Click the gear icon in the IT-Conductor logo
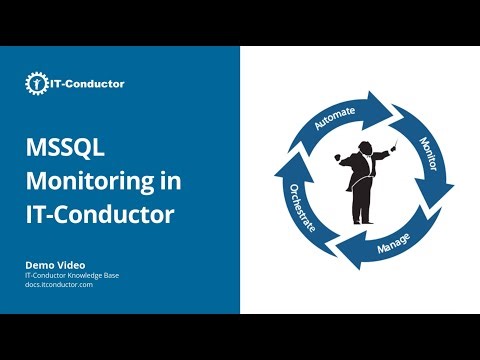click(x=35, y=84)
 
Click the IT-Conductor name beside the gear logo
click(x=87, y=84)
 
